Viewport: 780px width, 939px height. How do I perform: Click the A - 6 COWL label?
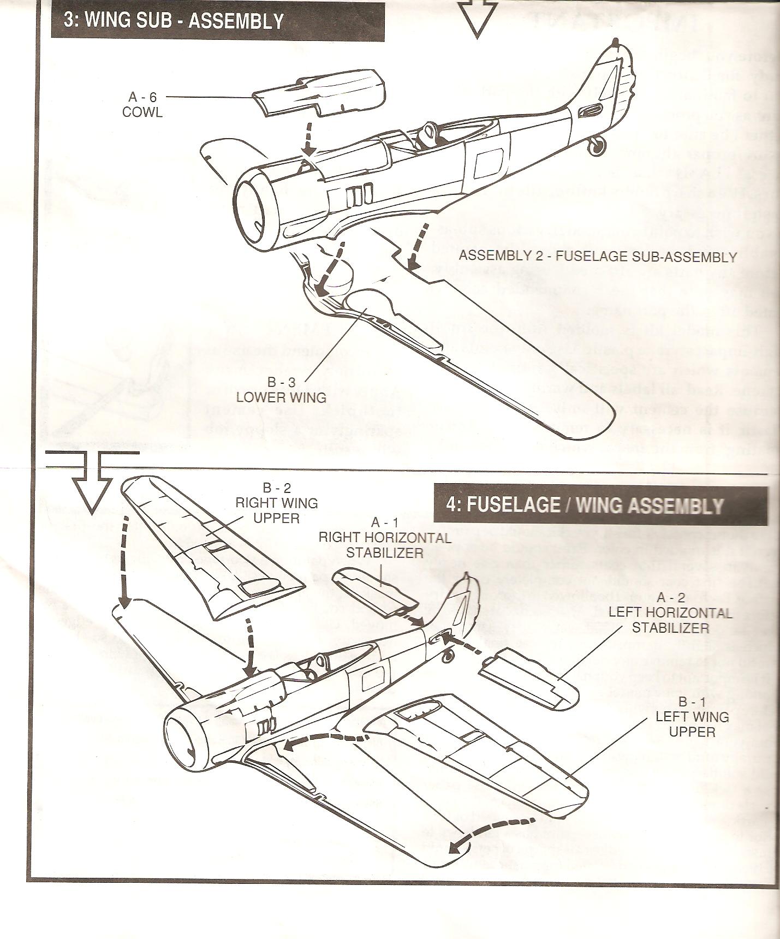point(142,104)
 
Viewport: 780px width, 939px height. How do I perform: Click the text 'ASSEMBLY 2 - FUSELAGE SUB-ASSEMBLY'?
point(598,256)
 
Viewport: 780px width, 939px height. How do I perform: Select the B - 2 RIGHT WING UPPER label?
point(277,503)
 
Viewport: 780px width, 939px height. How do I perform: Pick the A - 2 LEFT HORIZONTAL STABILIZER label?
point(670,613)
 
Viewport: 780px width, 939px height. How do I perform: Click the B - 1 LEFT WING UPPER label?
point(692,716)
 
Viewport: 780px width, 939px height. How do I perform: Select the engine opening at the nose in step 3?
point(255,210)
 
